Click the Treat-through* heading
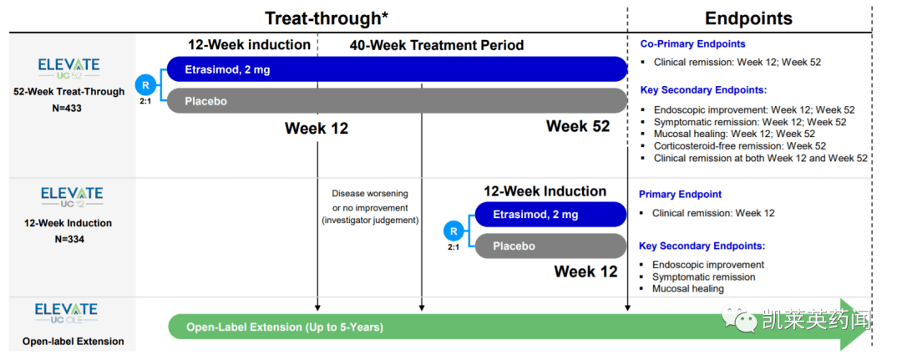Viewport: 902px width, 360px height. coord(327,18)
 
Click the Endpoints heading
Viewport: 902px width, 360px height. coord(748,18)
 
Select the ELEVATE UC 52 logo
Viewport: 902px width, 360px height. coord(68,68)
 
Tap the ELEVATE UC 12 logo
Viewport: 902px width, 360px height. coord(72,196)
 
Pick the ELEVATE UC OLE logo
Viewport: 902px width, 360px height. coord(66,313)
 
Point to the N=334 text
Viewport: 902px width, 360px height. coord(69,239)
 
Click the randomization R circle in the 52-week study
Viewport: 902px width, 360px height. coord(145,85)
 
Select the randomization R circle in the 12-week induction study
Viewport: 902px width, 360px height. coord(454,231)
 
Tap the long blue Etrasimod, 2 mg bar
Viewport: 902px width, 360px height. coord(397,69)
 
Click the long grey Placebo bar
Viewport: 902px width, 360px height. coord(397,100)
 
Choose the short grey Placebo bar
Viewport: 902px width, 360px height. coord(550,246)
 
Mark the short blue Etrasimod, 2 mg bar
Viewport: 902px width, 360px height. coord(550,215)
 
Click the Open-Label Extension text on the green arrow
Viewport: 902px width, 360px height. coord(285,327)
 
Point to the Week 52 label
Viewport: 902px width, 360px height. coord(578,126)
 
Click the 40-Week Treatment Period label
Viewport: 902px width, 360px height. coord(437,45)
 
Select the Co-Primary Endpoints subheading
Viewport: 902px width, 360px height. coord(692,43)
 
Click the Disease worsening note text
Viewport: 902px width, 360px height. coord(370,207)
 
